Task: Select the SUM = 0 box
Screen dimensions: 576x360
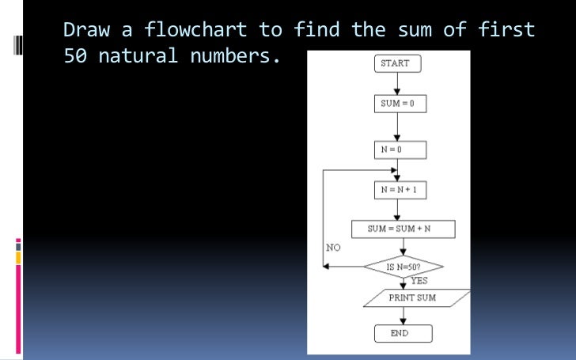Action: coord(400,104)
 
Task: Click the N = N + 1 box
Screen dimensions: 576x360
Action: coord(400,189)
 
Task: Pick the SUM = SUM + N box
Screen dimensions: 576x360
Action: coord(403,229)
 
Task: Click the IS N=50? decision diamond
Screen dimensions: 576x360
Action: coord(403,267)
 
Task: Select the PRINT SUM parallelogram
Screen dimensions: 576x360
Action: coord(412,297)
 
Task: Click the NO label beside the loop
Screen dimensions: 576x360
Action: coord(332,248)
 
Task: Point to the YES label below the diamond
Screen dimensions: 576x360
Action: coord(419,280)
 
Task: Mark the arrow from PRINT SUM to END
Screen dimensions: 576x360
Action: coord(403,316)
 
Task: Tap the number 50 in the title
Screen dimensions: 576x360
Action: coord(74,57)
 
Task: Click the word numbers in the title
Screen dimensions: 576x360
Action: coord(236,57)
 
